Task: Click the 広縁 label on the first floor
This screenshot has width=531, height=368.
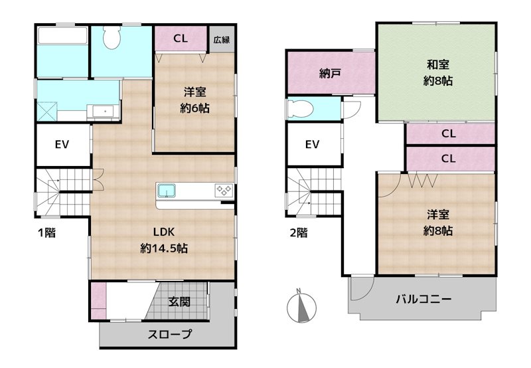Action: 222,40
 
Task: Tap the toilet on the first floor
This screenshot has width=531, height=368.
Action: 112,37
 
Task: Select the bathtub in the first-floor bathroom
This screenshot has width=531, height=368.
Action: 62,35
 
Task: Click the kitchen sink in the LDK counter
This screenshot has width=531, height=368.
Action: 166,190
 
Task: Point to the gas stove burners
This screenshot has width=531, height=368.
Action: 224,190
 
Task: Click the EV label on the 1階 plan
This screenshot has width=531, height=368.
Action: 62,145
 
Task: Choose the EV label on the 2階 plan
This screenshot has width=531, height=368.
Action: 312,145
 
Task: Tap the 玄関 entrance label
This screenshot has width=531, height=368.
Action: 179,302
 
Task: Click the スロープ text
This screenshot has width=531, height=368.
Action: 170,334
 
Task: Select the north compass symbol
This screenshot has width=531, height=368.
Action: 301,308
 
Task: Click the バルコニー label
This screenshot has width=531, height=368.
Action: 423,299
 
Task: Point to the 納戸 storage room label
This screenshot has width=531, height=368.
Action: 330,73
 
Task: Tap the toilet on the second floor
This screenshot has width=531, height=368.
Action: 301,109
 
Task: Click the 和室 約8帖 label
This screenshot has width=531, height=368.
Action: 438,72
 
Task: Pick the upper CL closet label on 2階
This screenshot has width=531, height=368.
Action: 449,134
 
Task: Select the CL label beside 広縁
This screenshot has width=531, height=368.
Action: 181,39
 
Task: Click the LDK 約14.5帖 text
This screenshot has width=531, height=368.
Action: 164,240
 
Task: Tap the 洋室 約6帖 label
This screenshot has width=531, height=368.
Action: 194,100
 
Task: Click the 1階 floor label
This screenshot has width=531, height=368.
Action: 46,232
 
